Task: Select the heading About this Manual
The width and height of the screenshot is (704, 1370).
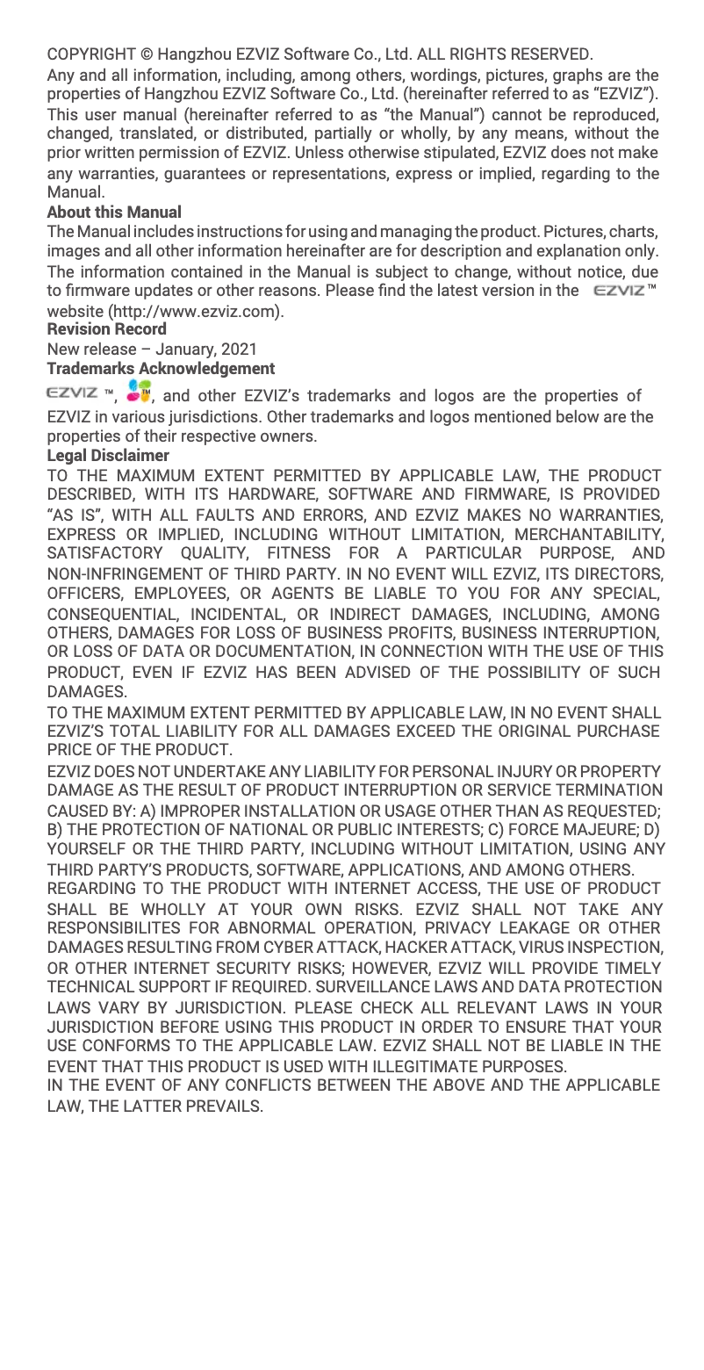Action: click(x=114, y=212)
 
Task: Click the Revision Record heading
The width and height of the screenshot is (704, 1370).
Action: click(x=106, y=329)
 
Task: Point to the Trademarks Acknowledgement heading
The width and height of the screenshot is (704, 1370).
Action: click(x=161, y=368)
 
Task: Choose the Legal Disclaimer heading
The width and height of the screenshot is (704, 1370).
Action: click(x=107, y=455)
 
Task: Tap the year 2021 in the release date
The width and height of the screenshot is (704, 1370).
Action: click(x=240, y=349)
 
